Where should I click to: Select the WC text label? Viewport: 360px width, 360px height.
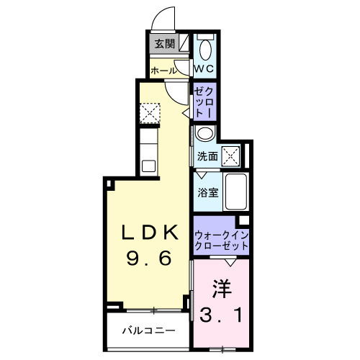(x=205, y=69)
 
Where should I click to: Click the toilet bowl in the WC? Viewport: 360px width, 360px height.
(x=205, y=50)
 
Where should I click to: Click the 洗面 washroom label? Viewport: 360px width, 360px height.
(x=208, y=156)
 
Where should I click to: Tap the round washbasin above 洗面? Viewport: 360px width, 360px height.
(x=204, y=134)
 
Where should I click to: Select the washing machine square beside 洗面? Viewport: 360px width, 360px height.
(x=231, y=156)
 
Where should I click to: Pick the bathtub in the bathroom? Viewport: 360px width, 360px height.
(x=235, y=192)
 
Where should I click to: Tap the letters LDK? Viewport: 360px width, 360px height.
(x=149, y=233)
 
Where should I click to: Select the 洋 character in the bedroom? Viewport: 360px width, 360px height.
(x=222, y=289)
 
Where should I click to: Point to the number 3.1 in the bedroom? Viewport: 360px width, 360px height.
(x=222, y=315)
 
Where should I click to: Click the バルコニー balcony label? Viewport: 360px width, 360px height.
(x=148, y=330)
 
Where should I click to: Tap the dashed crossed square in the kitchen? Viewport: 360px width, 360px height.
(x=150, y=112)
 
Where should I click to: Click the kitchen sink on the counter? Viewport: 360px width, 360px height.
(x=148, y=166)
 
